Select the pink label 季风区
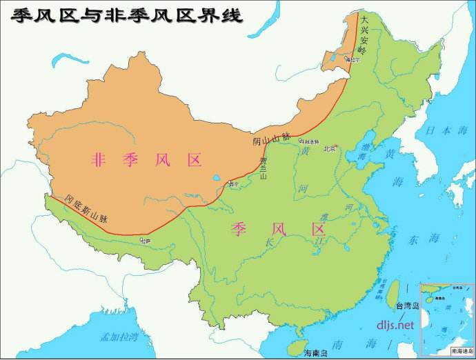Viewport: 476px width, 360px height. click(x=277, y=229)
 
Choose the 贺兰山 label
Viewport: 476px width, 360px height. click(x=263, y=169)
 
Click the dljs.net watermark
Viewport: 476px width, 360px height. click(x=395, y=324)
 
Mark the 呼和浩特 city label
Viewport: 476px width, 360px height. click(x=310, y=141)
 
